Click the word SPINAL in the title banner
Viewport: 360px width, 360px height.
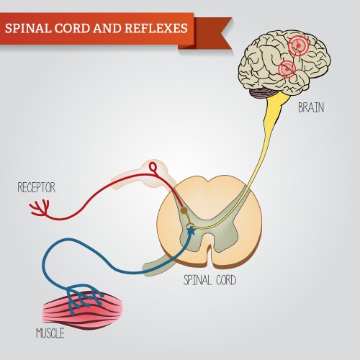click(28, 28)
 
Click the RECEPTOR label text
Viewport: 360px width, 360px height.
click(37, 189)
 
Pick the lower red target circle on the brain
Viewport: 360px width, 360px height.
click(287, 69)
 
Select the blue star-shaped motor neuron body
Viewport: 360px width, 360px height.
click(190, 231)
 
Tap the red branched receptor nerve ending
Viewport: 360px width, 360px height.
click(38, 208)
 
